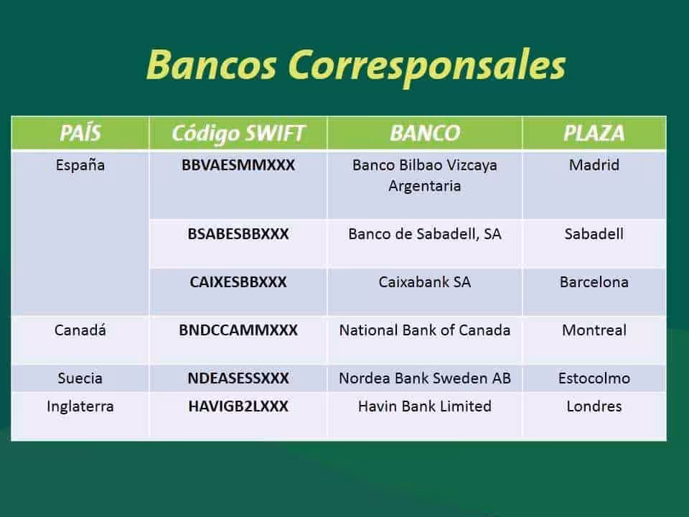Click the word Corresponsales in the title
click(x=427, y=66)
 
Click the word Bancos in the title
click(x=211, y=64)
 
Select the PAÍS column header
click(x=80, y=133)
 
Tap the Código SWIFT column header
click(x=238, y=134)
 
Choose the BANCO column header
click(x=425, y=134)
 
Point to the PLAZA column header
click(x=594, y=134)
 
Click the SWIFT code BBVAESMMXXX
click(x=238, y=165)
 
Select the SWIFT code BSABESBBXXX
click(x=238, y=234)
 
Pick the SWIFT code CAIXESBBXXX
click(x=238, y=281)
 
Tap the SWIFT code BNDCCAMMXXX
click(x=238, y=330)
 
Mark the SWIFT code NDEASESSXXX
click(x=238, y=378)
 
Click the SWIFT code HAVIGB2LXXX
click(x=238, y=406)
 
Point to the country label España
click(x=80, y=166)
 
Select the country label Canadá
click(x=80, y=330)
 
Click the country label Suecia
click(x=80, y=378)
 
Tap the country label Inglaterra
click(x=80, y=407)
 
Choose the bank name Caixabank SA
click(x=425, y=281)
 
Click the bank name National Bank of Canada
click(x=425, y=330)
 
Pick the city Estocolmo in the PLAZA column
click(x=594, y=378)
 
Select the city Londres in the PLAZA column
click(x=594, y=406)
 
